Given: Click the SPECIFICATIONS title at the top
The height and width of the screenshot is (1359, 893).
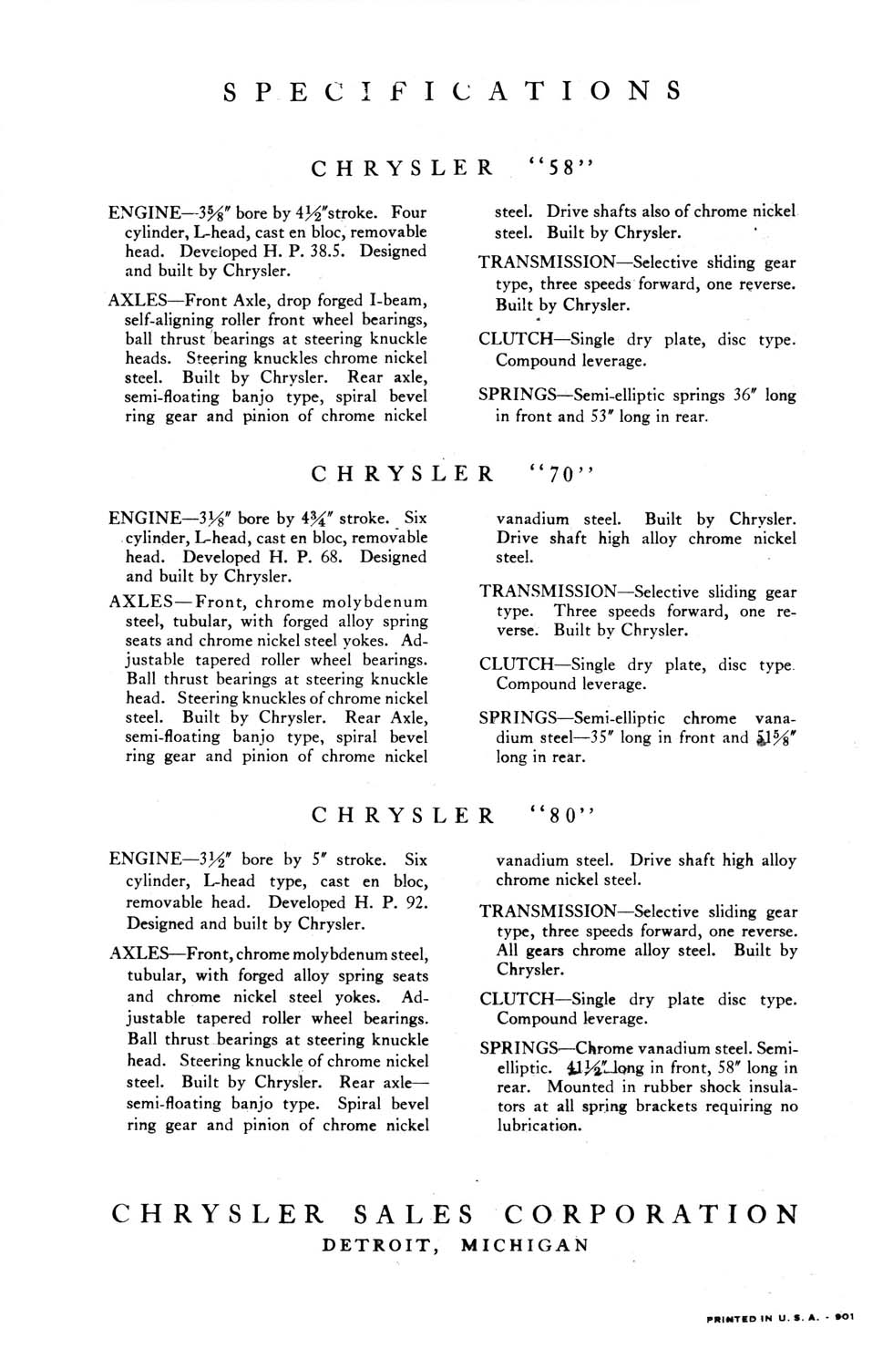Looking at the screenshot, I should click(x=452, y=91).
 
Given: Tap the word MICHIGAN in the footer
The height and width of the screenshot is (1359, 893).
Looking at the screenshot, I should click(x=524, y=1245).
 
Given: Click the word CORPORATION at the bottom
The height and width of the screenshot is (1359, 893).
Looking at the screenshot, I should click(x=651, y=1214).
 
